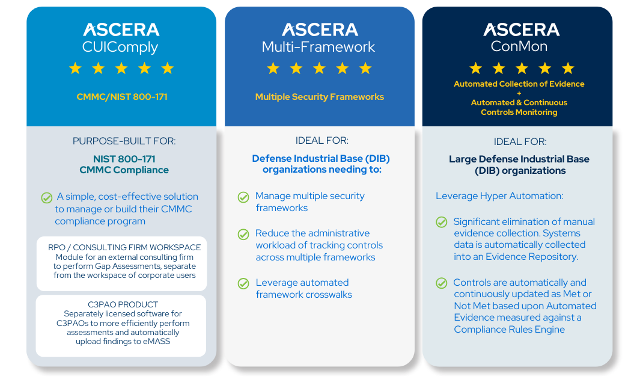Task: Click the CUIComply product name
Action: [120, 47]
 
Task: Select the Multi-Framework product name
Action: [319, 47]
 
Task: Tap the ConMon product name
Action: [518, 47]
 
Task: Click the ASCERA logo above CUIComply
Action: [121, 29]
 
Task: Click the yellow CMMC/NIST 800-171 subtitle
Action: [121, 97]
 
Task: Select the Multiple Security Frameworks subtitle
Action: [319, 97]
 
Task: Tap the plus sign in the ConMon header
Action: [519, 93]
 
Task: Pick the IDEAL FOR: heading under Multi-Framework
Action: [322, 141]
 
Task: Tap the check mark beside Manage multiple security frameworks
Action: [243, 197]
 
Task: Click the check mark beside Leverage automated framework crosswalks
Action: [243, 283]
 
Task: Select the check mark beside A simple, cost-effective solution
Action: [46, 197]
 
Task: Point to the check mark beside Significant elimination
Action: [442, 222]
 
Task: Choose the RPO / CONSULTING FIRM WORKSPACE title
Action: [124, 247]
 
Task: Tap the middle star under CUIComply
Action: [121, 69]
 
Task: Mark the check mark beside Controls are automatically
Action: [442, 283]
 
